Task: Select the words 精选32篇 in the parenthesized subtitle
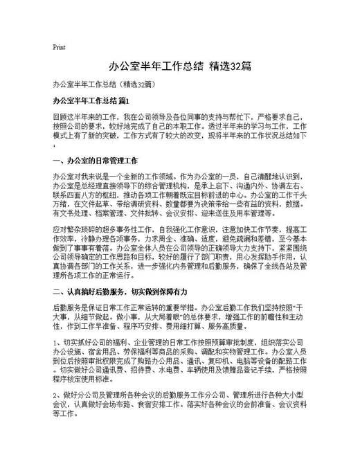click(143, 84)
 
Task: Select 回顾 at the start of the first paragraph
click(60, 118)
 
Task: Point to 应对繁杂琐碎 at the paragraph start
click(75, 228)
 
